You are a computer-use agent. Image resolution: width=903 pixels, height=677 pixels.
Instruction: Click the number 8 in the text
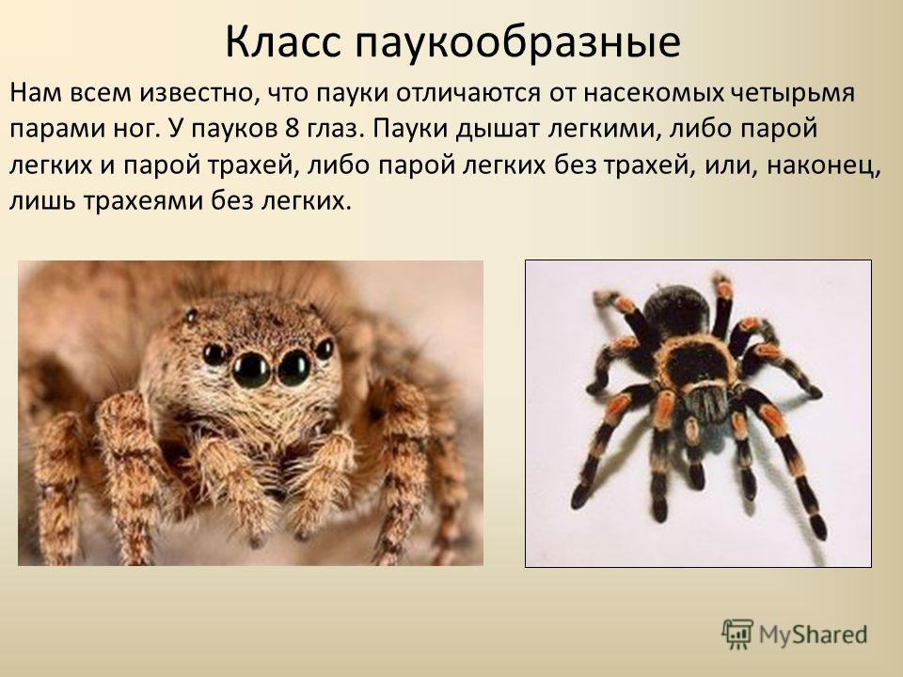291,129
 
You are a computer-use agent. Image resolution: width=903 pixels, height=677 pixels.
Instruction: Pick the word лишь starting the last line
42,201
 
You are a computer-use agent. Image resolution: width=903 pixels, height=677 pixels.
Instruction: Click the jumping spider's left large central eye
251,370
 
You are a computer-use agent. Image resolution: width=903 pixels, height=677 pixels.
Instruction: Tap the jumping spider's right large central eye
294,368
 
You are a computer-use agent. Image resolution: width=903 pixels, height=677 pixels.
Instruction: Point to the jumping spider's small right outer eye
325,349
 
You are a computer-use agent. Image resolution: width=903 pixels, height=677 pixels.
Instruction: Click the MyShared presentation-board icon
737,635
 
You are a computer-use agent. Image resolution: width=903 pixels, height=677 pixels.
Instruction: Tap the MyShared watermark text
813,635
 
